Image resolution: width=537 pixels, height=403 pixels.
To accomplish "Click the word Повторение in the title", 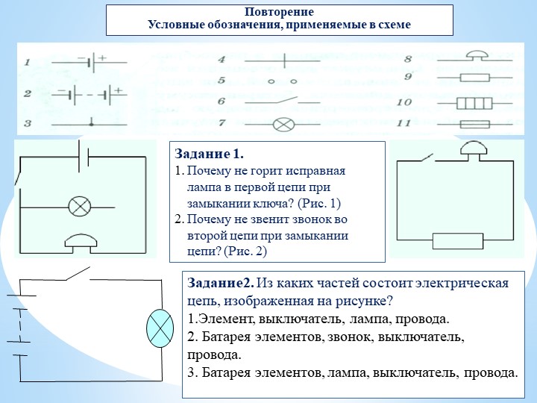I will (x=279, y=13).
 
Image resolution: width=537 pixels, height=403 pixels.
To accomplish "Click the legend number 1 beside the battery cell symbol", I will (x=27, y=63).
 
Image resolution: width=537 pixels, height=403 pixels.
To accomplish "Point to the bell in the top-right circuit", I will (x=472, y=149).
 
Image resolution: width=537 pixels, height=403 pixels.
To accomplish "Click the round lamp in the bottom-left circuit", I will (x=159, y=327).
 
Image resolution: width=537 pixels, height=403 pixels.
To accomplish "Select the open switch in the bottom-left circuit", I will (x=78, y=275).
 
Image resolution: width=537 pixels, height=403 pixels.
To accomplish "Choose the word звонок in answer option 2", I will (x=353, y=337).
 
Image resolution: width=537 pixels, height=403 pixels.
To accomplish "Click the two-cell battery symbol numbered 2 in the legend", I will (x=89, y=95).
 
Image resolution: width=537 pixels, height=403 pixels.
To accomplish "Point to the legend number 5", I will (x=222, y=81).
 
